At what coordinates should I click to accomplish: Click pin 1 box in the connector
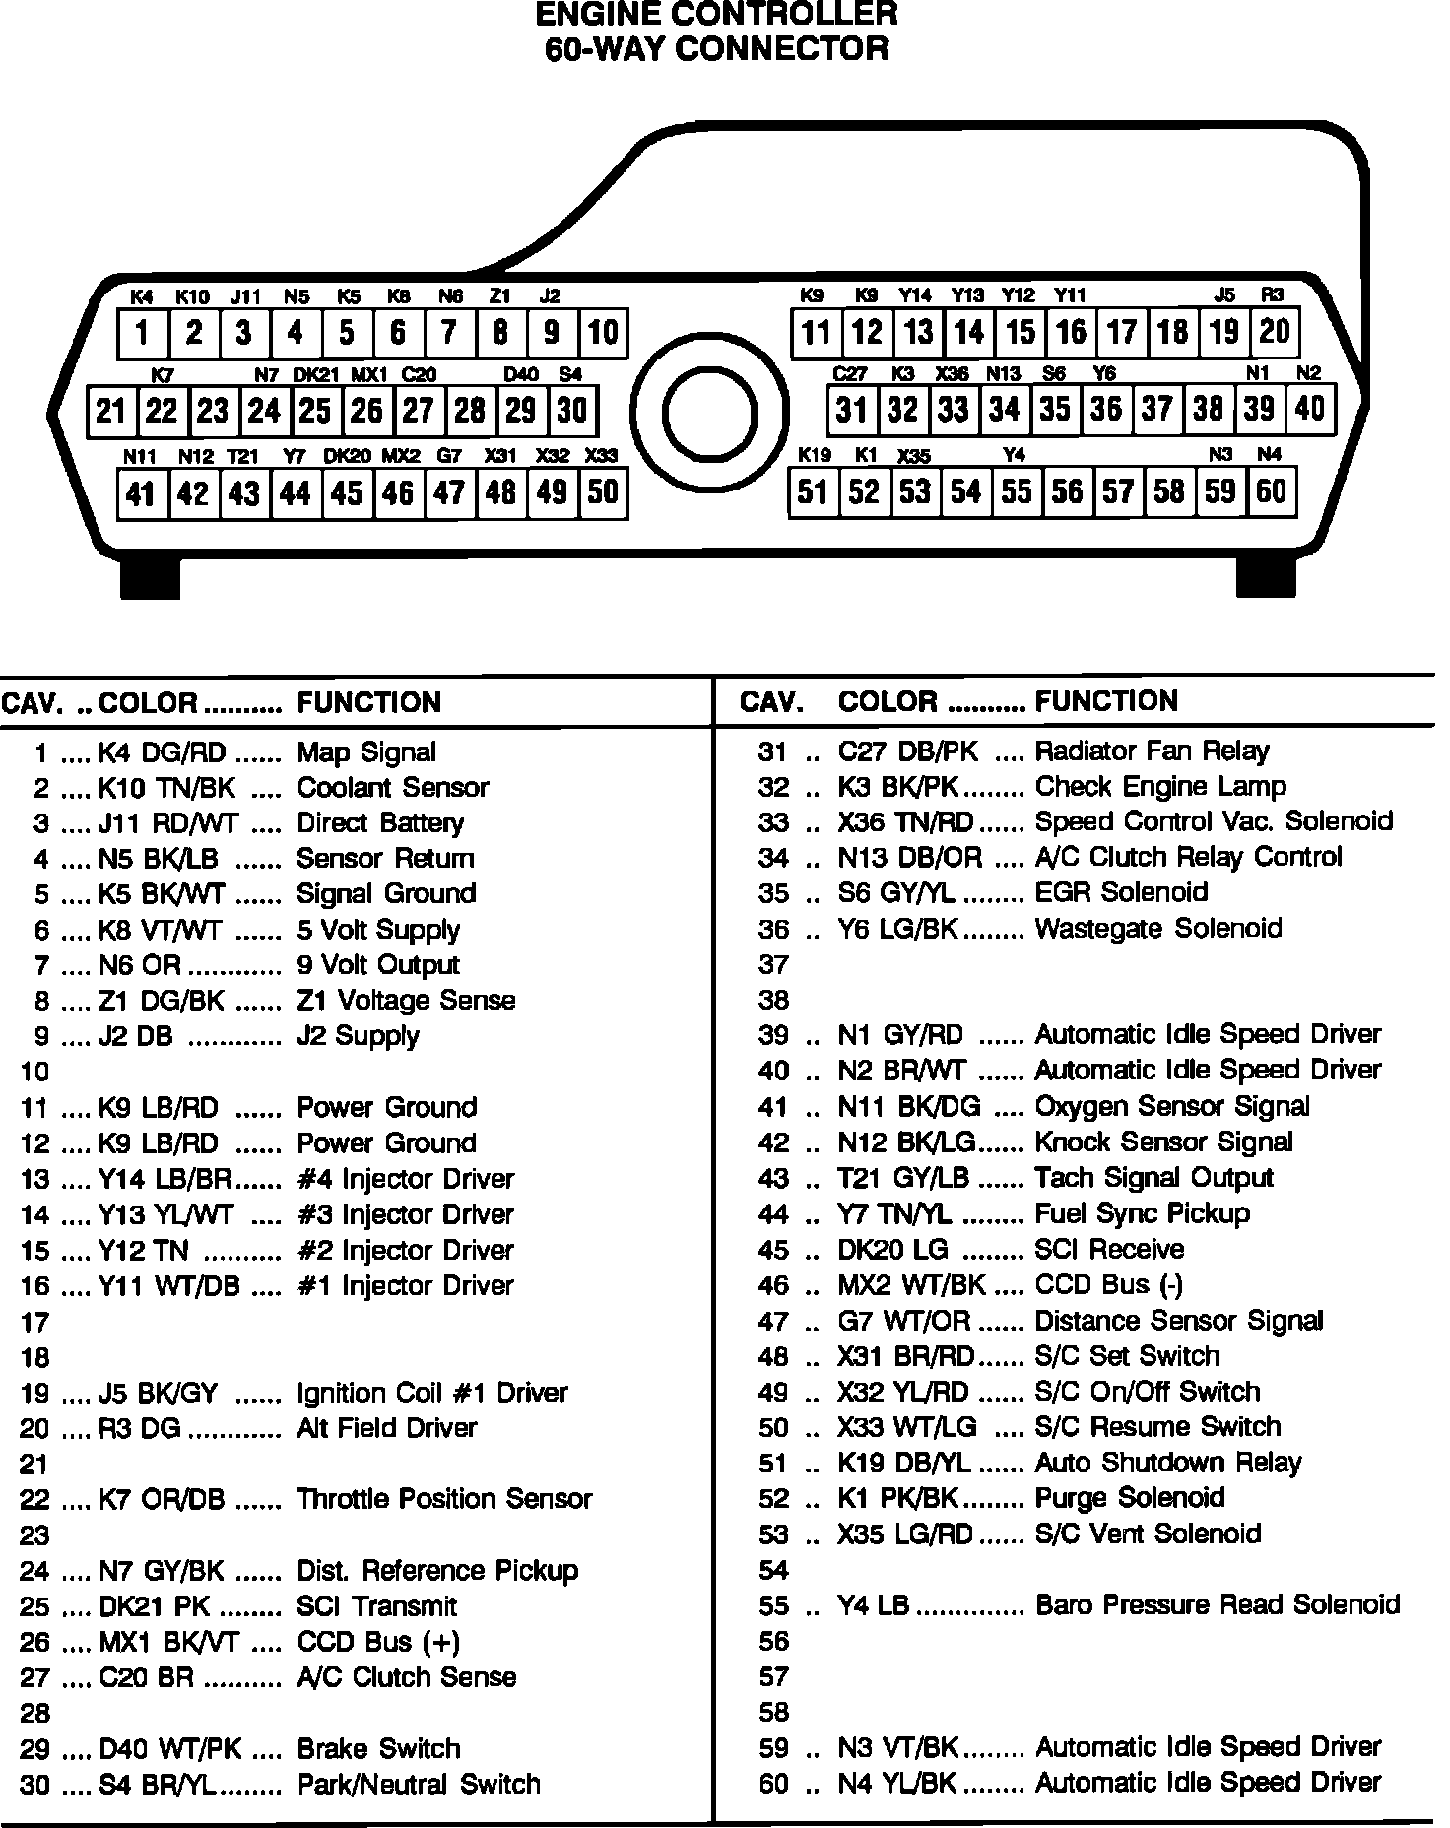[143, 333]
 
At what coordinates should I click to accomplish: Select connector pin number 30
[571, 410]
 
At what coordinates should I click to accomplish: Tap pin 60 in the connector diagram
[1271, 490]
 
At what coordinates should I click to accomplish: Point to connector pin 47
[449, 492]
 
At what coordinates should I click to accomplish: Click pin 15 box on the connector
[1021, 332]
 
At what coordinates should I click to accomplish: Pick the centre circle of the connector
[709, 412]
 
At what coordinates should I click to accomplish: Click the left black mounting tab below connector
[150, 577]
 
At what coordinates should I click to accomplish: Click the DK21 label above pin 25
[316, 375]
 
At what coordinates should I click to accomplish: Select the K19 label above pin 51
[815, 455]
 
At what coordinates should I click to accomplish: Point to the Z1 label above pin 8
[500, 296]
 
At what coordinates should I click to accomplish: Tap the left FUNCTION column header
[369, 702]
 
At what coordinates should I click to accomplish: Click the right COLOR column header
[888, 701]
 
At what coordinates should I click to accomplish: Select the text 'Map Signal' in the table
[366, 752]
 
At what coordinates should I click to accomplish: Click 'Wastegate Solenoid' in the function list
[1158, 928]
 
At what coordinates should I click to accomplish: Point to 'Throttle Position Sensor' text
[444, 1499]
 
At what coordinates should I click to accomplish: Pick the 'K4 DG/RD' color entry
[163, 753]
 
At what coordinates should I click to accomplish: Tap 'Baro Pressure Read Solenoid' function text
[1218, 1604]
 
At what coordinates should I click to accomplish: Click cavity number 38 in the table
[774, 1000]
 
